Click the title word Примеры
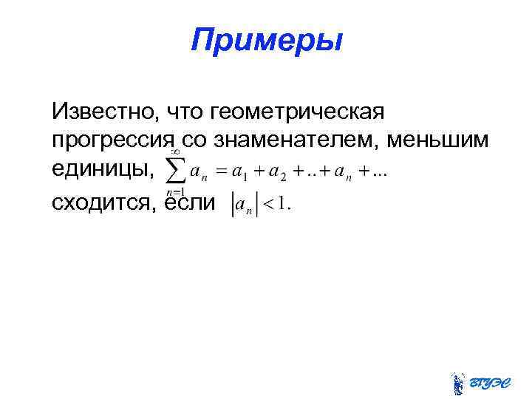point(266,41)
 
